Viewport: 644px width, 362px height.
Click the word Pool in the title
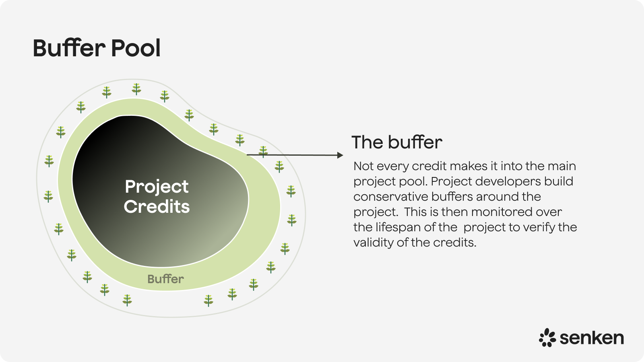pyautogui.click(x=136, y=48)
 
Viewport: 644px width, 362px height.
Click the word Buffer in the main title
pyautogui.click(x=69, y=48)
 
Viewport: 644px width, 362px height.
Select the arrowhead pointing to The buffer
pyautogui.click(x=340, y=155)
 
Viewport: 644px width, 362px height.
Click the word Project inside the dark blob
pyautogui.click(x=157, y=187)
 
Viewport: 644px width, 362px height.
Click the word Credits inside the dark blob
pyautogui.click(x=157, y=207)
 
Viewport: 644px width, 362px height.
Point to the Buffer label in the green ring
pyautogui.click(x=165, y=279)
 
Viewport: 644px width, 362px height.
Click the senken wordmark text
pyautogui.click(x=591, y=338)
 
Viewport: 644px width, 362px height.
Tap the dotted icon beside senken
pyautogui.click(x=547, y=337)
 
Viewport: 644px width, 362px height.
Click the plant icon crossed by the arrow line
pyautogui.click(x=263, y=152)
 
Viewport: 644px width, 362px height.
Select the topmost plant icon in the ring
pyautogui.click(x=136, y=89)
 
